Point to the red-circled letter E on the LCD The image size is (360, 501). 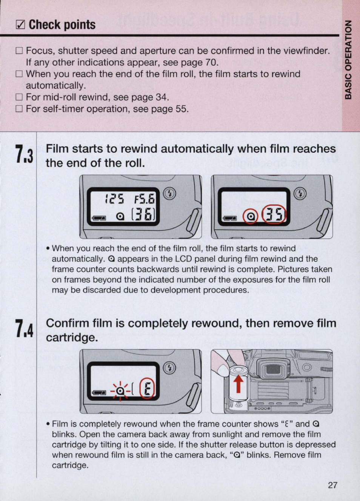coord(147,390)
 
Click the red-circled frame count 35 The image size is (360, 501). coord(274,215)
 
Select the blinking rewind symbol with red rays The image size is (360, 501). coord(120,391)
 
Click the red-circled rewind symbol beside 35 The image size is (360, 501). coord(251,216)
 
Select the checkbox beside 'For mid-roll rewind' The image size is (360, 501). coord(19,97)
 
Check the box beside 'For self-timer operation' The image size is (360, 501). coord(19,109)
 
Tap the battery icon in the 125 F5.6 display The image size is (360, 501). coord(99,218)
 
